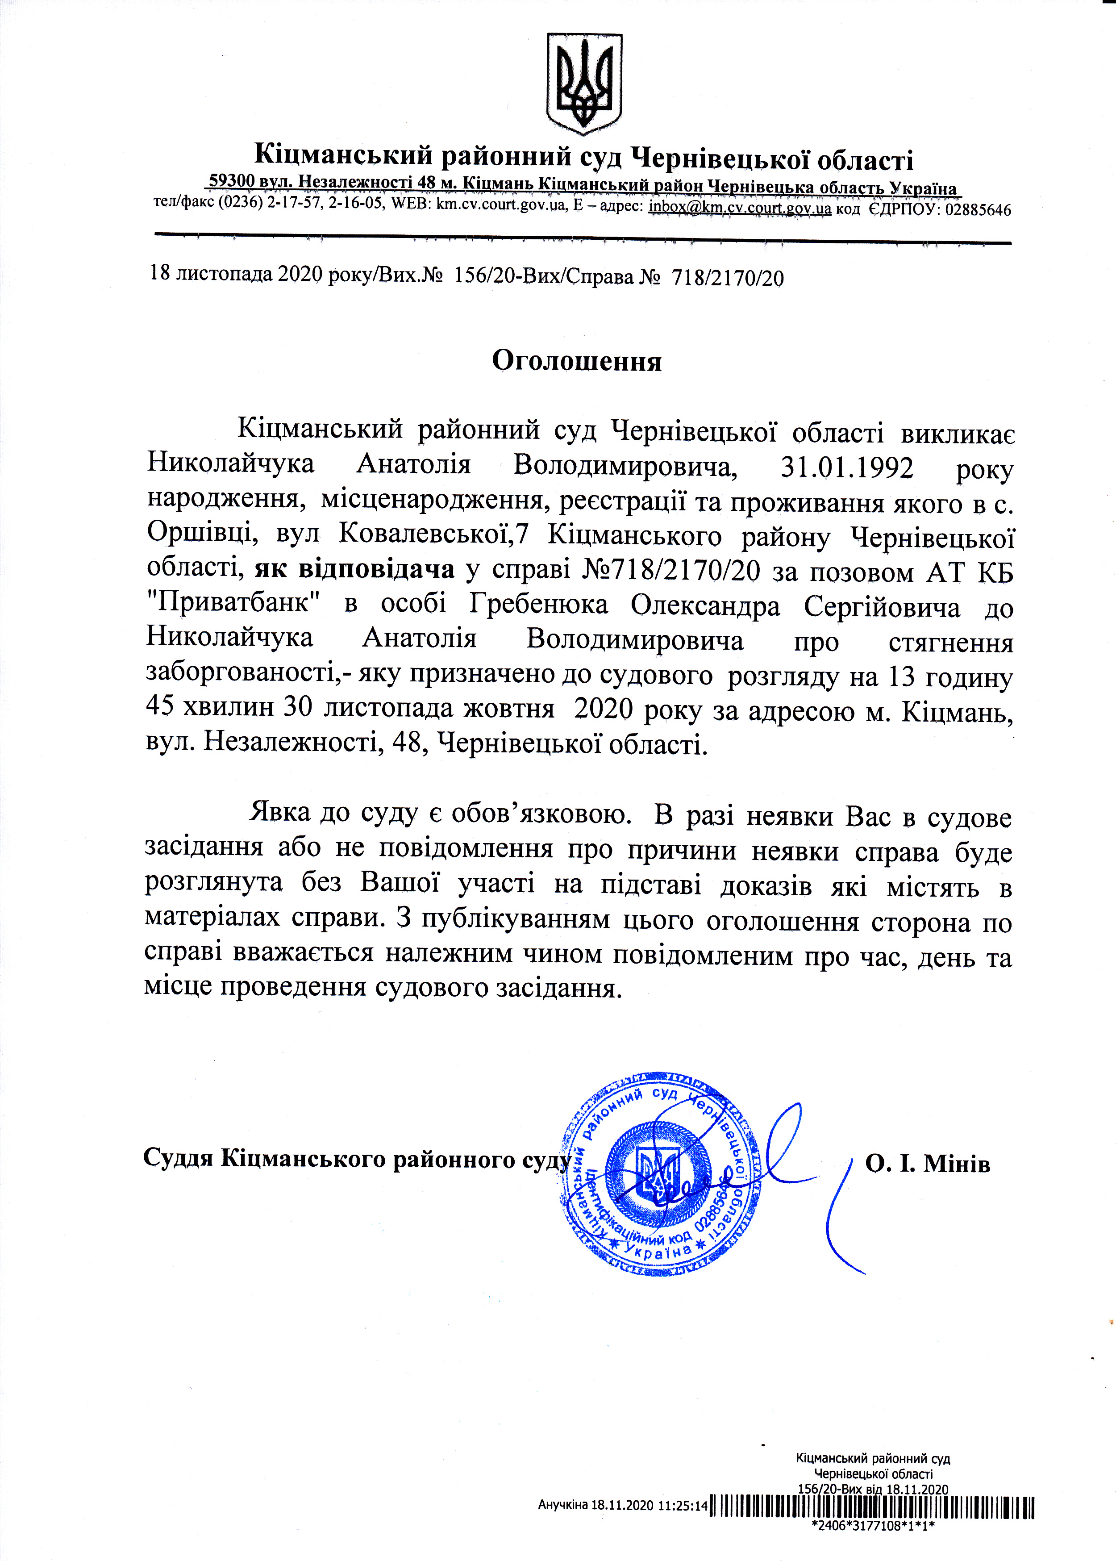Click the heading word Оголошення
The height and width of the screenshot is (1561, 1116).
[x=577, y=361]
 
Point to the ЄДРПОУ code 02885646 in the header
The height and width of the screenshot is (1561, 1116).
[x=978, y=210]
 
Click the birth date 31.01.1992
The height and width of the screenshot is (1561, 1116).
[x=847, y=468]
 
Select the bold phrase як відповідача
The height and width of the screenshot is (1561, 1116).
[x=354, y=570]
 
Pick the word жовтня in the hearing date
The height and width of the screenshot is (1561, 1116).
[x=508, y=709]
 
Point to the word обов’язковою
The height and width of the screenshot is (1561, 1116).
[x=541, y=814]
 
